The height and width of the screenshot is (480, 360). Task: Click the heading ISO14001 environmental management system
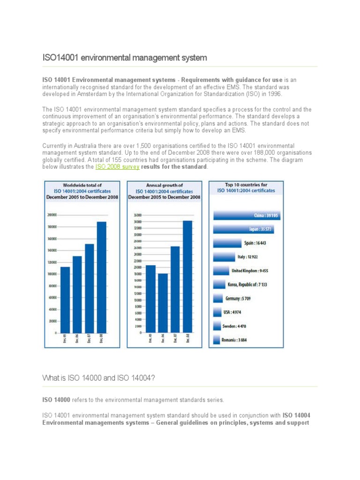pyautogui.click(x=125, y=58)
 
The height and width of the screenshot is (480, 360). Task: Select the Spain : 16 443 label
pyautogui.click(x=255, y=243)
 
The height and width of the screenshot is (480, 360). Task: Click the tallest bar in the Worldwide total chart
pyautogui.click(x=102, y=277)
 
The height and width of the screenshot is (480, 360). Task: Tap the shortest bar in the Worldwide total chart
pyautogui.click(x=65, y=300)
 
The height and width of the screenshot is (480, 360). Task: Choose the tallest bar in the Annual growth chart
pyautogui.click(x=187, y=276)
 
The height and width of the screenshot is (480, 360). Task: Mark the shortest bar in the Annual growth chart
pyautogui.click(x=163, y=303)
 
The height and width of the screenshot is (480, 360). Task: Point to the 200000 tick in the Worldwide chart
pyautogui.click(x=52, y=215)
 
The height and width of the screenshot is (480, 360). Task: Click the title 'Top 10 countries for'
pyautogui.click(x=246, y=185)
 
